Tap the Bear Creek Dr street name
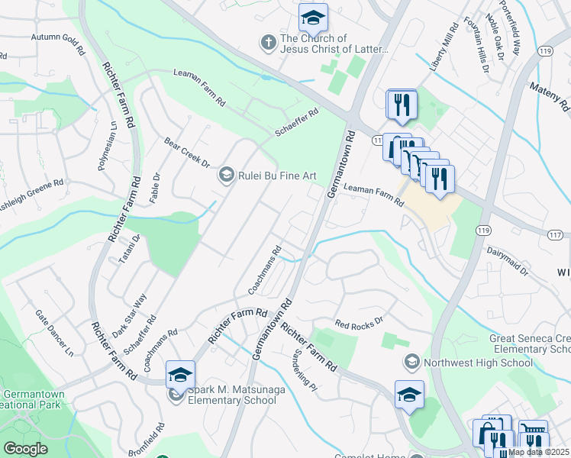[186, 152]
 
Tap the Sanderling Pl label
[305, 369]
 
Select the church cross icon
[268, 44]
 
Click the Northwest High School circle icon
[411, 362]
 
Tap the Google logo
[25, 449]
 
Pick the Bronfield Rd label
[159, 437]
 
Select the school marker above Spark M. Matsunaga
[180, 375]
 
